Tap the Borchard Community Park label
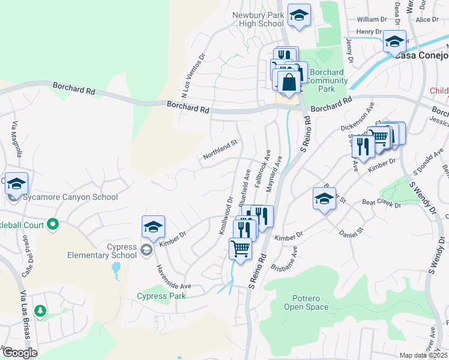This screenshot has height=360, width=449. pos(325,80)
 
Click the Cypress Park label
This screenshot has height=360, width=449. pos(161,296)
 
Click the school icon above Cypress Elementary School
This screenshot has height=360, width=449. pos(153,227)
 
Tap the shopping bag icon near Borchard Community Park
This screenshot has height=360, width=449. pos(289,82)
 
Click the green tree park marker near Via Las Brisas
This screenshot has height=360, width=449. pos(40,311)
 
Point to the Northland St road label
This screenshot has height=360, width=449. pos(220,150)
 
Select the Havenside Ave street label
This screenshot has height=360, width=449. pos(173,277)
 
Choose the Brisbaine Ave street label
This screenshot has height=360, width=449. pos(285,260)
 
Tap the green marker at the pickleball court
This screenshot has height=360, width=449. pos(53,224)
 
